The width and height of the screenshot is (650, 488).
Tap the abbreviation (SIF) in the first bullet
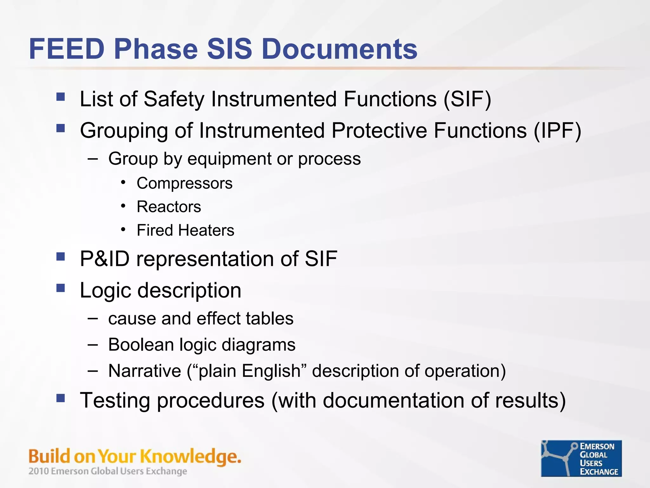coord(468,99)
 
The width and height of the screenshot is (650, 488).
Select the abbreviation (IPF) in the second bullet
coord(558,131)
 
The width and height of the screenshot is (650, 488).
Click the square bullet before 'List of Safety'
coord(61,97)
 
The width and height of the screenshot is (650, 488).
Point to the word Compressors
coord(184,183)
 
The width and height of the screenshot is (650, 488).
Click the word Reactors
coord(169,207)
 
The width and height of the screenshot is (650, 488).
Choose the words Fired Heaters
coord(185,230)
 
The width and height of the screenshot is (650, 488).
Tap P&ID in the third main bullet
coord(105,259)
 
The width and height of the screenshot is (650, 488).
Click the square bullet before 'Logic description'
coord(61,288)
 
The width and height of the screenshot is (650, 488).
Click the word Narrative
coord(145,371)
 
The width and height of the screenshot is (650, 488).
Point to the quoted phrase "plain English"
coord(247,371)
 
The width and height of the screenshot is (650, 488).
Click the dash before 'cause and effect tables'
coord(93,318)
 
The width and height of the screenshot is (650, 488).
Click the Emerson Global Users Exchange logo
coord(581,458)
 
